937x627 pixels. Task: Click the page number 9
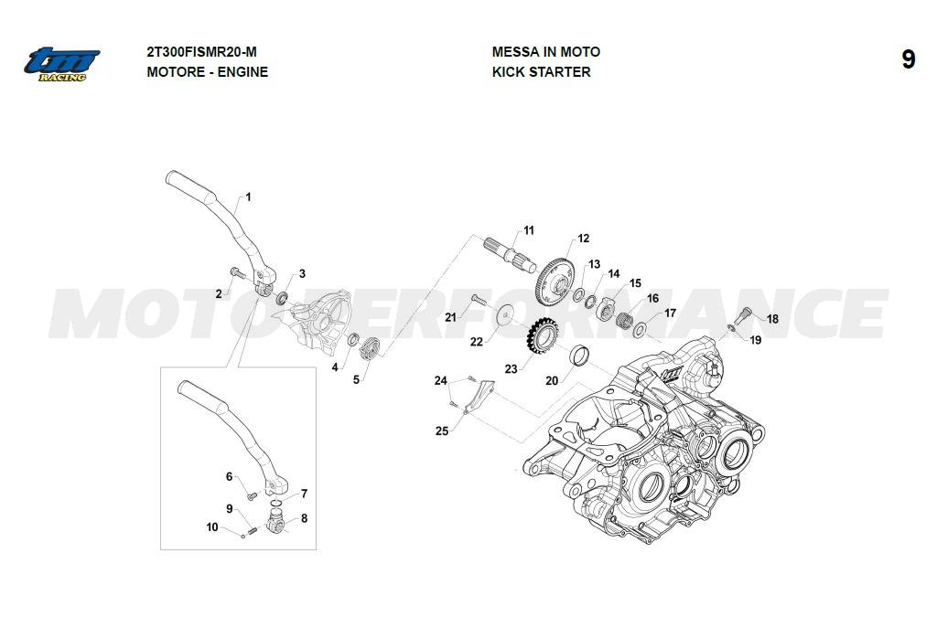coord(908,60)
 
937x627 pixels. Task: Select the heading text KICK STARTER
coord(541,71)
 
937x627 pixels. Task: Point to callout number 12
coord(582,239)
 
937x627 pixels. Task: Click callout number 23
coord(511,368)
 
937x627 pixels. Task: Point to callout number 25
coord(442,430)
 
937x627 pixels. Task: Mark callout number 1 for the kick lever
coord(248,197)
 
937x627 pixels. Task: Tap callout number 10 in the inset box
coord(212,527)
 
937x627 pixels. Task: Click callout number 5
coord(357,379)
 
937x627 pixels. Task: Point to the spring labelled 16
coord(623,321)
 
